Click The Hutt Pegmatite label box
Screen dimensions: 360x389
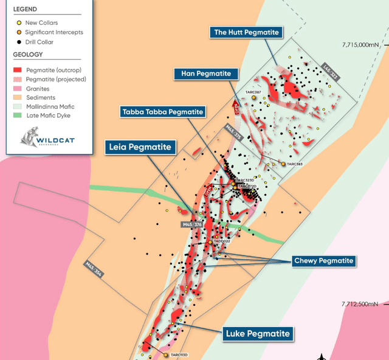tap(246, 33)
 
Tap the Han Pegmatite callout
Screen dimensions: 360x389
tap(205, 74)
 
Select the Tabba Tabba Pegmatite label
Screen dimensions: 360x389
tap(162, 112)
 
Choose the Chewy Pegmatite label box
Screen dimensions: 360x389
tap(323, 261)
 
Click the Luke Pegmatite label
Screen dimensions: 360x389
tap(258, 333)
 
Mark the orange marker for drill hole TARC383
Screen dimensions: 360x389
tap(283, 164)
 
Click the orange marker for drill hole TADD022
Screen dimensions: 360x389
tap(210, 242)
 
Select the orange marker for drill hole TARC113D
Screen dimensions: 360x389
tap(165, 355)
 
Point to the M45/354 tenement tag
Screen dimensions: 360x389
tap(94, 269)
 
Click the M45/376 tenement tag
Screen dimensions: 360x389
tap(191, 225)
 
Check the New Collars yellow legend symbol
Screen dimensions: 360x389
tap(18, 23)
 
